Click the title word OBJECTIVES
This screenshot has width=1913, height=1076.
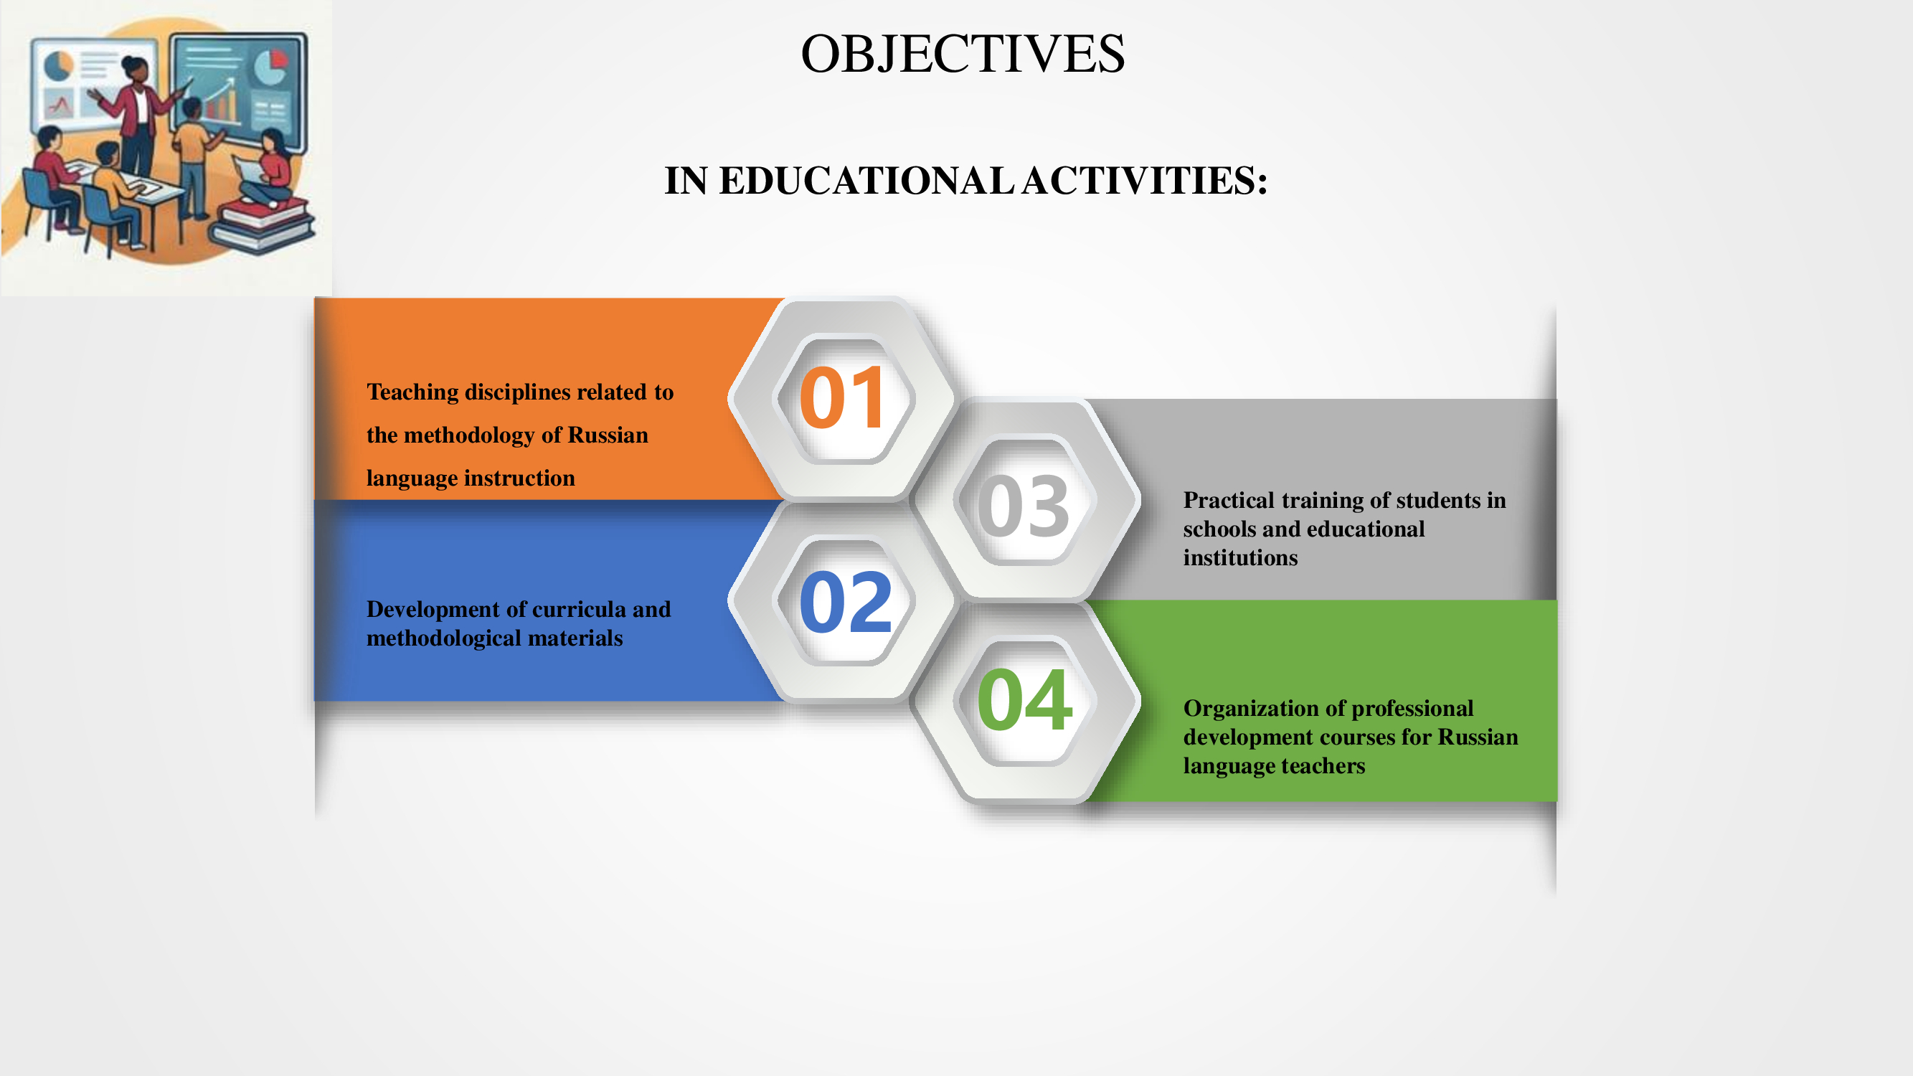click(963, 54)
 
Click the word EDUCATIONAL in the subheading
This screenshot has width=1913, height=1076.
click(866, 181)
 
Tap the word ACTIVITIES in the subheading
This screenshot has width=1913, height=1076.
click(1144, 181)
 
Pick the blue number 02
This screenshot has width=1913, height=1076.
click(845, 602)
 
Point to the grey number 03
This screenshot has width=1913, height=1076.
click(1024, 506)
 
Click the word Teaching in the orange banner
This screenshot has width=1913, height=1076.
click(413, 392)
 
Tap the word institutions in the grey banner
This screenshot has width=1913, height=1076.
click(1240, 557)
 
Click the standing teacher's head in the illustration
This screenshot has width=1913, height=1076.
click(136, 70)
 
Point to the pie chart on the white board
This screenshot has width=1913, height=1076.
click(58, 65)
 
